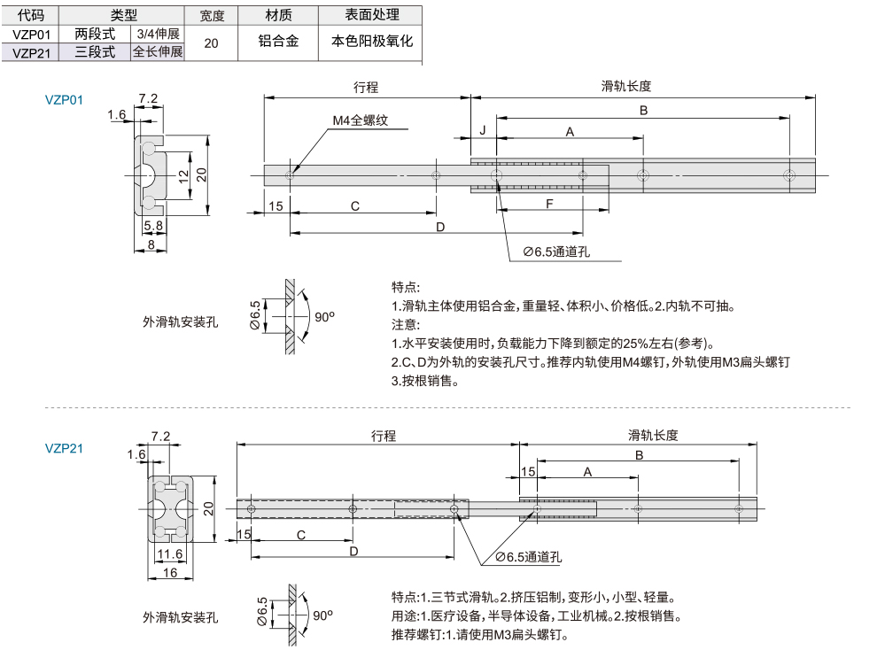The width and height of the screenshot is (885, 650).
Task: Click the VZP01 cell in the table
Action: click(x=31, y=34)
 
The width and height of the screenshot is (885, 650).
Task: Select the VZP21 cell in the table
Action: click(x=31, y=52)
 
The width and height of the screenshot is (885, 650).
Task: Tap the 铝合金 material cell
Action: click(x=278, y=42)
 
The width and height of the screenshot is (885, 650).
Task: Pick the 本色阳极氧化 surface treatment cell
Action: click(x=371, y=42)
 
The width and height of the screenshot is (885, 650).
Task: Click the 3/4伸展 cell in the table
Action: click(x=157, y=34)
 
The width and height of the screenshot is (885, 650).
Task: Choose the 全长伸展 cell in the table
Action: click(x=157, y=52)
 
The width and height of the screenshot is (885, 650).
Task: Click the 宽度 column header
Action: click(x=212, y=16)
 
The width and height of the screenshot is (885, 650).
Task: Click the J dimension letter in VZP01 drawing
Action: click(x=483, y=131)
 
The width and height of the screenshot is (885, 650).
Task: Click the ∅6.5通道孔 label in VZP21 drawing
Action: click(x=529, y=556)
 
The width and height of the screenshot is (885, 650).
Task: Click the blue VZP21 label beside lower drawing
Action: click(x=64, y=448)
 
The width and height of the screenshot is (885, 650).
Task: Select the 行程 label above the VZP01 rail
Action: click(x=365, y=87)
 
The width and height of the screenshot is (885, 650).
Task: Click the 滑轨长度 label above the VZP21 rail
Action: click(x=653, y=435)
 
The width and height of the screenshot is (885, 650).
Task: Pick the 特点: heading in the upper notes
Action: click(x=406, y=288)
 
